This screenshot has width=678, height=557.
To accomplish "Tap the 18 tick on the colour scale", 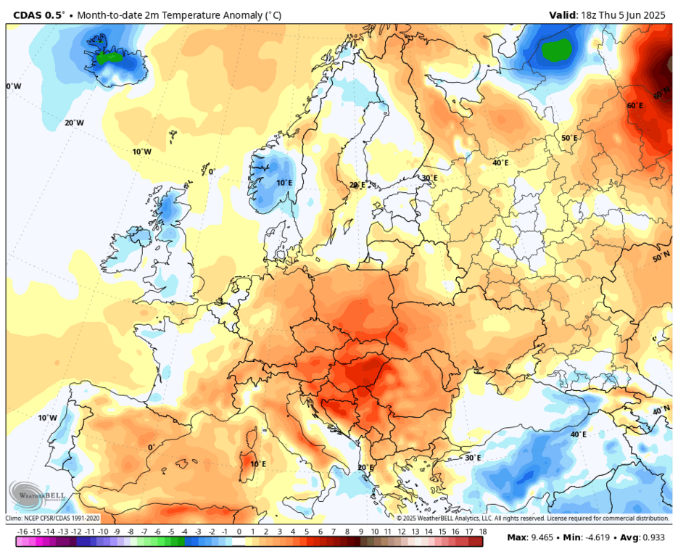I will [482, 532].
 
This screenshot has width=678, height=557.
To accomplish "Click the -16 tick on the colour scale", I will [22, 532].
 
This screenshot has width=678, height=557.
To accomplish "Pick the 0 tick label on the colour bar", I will [239, 532].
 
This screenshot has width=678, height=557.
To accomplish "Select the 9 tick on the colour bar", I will [361, 532].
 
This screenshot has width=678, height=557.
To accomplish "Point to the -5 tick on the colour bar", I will [171, 532].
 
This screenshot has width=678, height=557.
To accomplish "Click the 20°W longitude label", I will [74, 123].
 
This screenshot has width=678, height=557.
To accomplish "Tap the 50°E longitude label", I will [569, 138].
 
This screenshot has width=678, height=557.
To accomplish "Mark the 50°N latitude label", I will [661, 258].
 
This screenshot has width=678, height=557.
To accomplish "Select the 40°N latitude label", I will [661, 411].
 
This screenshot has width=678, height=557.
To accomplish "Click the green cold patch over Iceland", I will [110, 56].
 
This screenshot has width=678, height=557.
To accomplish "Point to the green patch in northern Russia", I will [557, 50].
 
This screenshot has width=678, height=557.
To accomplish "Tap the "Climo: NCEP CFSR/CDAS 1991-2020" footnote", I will [52, 518].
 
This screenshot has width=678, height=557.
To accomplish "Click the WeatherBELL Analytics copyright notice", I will [532, 518].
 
